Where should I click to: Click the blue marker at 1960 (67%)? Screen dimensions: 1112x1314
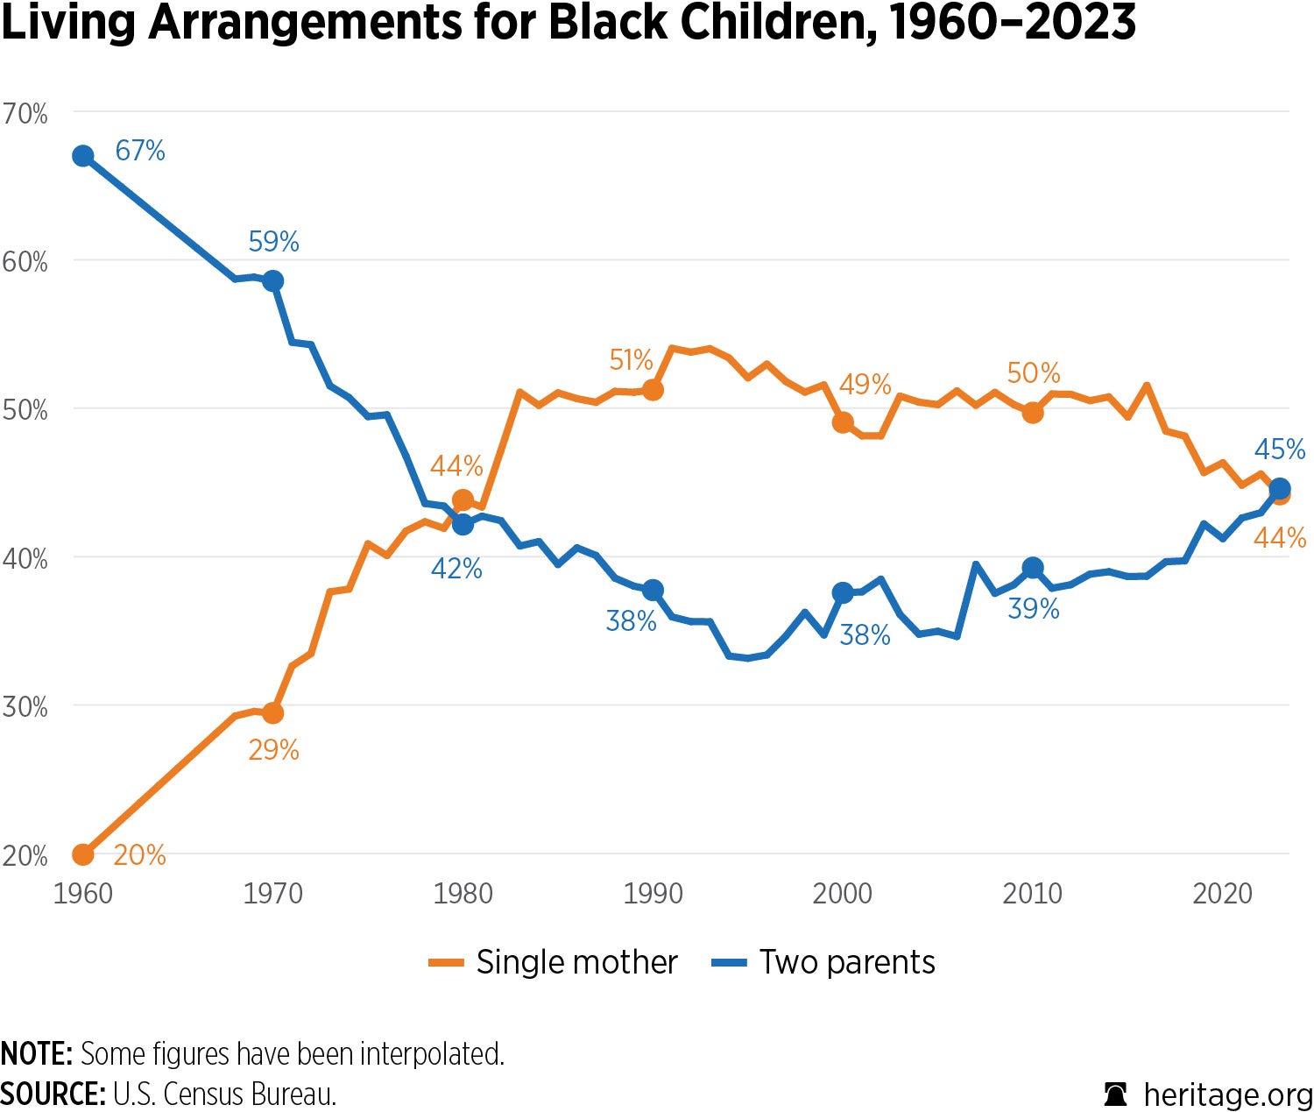[x=83, y=157]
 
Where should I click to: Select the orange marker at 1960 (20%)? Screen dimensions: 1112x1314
[x=83, y=853]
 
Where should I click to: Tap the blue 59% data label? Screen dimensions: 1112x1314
[x=273, y=241]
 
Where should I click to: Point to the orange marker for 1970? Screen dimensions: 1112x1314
[x=272, y=712]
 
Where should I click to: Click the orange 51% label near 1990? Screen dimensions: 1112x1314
[x=631, y=360]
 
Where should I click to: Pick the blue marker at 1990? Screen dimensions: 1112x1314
[x=652, y=591]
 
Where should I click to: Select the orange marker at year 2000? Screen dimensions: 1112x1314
[x=843, y=422]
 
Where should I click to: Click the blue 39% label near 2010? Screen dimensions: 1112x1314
[x=1033, y=608]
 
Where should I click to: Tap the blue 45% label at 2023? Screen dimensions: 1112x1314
[x=1279, y=450]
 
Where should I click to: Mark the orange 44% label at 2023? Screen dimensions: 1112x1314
[x=1279, y=537]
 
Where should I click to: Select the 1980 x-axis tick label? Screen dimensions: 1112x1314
[x=463, y=894]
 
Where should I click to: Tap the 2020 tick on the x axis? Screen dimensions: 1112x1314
[x=1222, y=894]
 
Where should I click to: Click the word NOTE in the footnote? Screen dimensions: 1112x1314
[x=35, y=1053]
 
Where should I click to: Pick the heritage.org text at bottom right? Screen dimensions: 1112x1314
[x=1227, y=1094]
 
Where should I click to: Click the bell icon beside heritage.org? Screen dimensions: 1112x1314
[x=1115, y=1094]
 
